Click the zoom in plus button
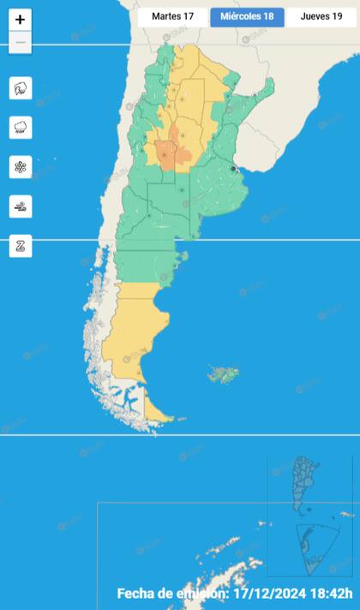click(x=21, y=20)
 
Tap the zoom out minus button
click(x=21, y=43)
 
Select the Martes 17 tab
click(x=172, y=16)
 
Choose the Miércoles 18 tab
click(x=247, y=16)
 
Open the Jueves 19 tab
click(x=321, y=16)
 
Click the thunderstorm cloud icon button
click(x=21, y=87)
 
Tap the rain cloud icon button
click(x=21, y=128)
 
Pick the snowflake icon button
click(x=21, y=167)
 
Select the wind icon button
click(x=21, y=206)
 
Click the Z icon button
click(x=21, y=246)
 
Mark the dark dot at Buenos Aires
click(x=234, y=169)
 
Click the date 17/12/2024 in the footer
click(x=271, y=594)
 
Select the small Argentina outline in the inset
click(x=305, y=484)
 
